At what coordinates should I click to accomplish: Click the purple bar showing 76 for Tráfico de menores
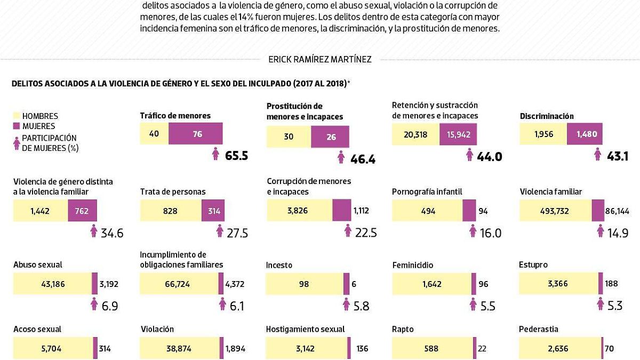tap(196, 134)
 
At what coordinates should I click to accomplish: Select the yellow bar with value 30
tap(289, 137)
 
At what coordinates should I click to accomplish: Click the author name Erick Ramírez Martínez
tap(320, 60)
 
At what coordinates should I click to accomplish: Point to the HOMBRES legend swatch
tap(16, 116)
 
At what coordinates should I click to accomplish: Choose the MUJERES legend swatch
tap(16, 126)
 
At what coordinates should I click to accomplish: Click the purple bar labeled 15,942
tap(458, 134)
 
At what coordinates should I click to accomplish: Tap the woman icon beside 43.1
tap(598, 155)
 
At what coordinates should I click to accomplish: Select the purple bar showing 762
tap(82, 211)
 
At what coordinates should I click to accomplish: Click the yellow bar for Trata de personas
tap(171, 211)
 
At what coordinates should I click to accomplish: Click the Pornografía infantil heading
tap(427, 191)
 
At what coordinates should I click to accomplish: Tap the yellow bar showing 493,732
tap(555, 211)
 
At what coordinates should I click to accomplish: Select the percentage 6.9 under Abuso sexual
tap(110, 306)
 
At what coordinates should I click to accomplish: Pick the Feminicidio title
tap(412, 265)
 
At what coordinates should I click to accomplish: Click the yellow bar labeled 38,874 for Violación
tap(179, 349)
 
